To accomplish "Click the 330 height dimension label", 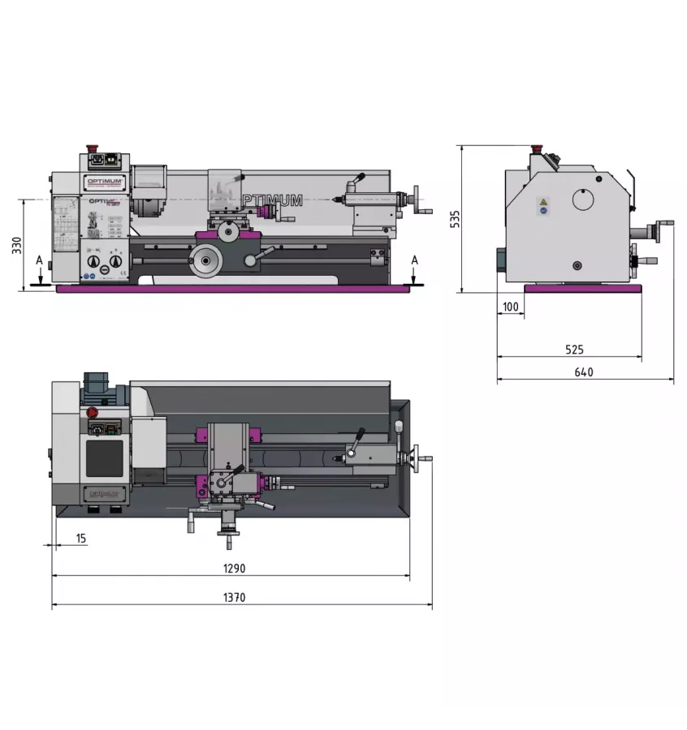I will pyautogui.click(x=16, y=246).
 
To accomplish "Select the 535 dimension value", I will pyautogui.click(x=456, y=220).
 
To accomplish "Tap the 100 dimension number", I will pyautogui.click(x=510, y=307).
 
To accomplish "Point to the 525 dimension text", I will pyautogui.click(x=574, y=350).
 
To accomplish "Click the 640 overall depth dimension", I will pyautogui.click(x=583, y=372).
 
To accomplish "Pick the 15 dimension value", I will pyautogui.click(x=81, y=538).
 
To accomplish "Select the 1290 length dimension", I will pyautogui.click(x=235, y=569).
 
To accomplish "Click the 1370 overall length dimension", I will pyautogui.click(x=235, y=598).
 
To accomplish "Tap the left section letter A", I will pyautogui.click(x=38, y=260).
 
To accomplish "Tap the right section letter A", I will pyautogui.click(x=415, y=260).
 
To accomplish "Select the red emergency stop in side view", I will pyautogui.click(x=536, y=150).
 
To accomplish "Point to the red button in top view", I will pyautogui.click(x=93, y=411).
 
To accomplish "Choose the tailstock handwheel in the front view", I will pyautogui.click(x=417, y=197).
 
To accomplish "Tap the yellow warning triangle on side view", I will pyautogui.click(x=543, y=201).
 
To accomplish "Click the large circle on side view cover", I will pyautogui.click(x=583, y=200).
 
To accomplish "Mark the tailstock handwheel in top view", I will pyautogui.click(x=417, y=459).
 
